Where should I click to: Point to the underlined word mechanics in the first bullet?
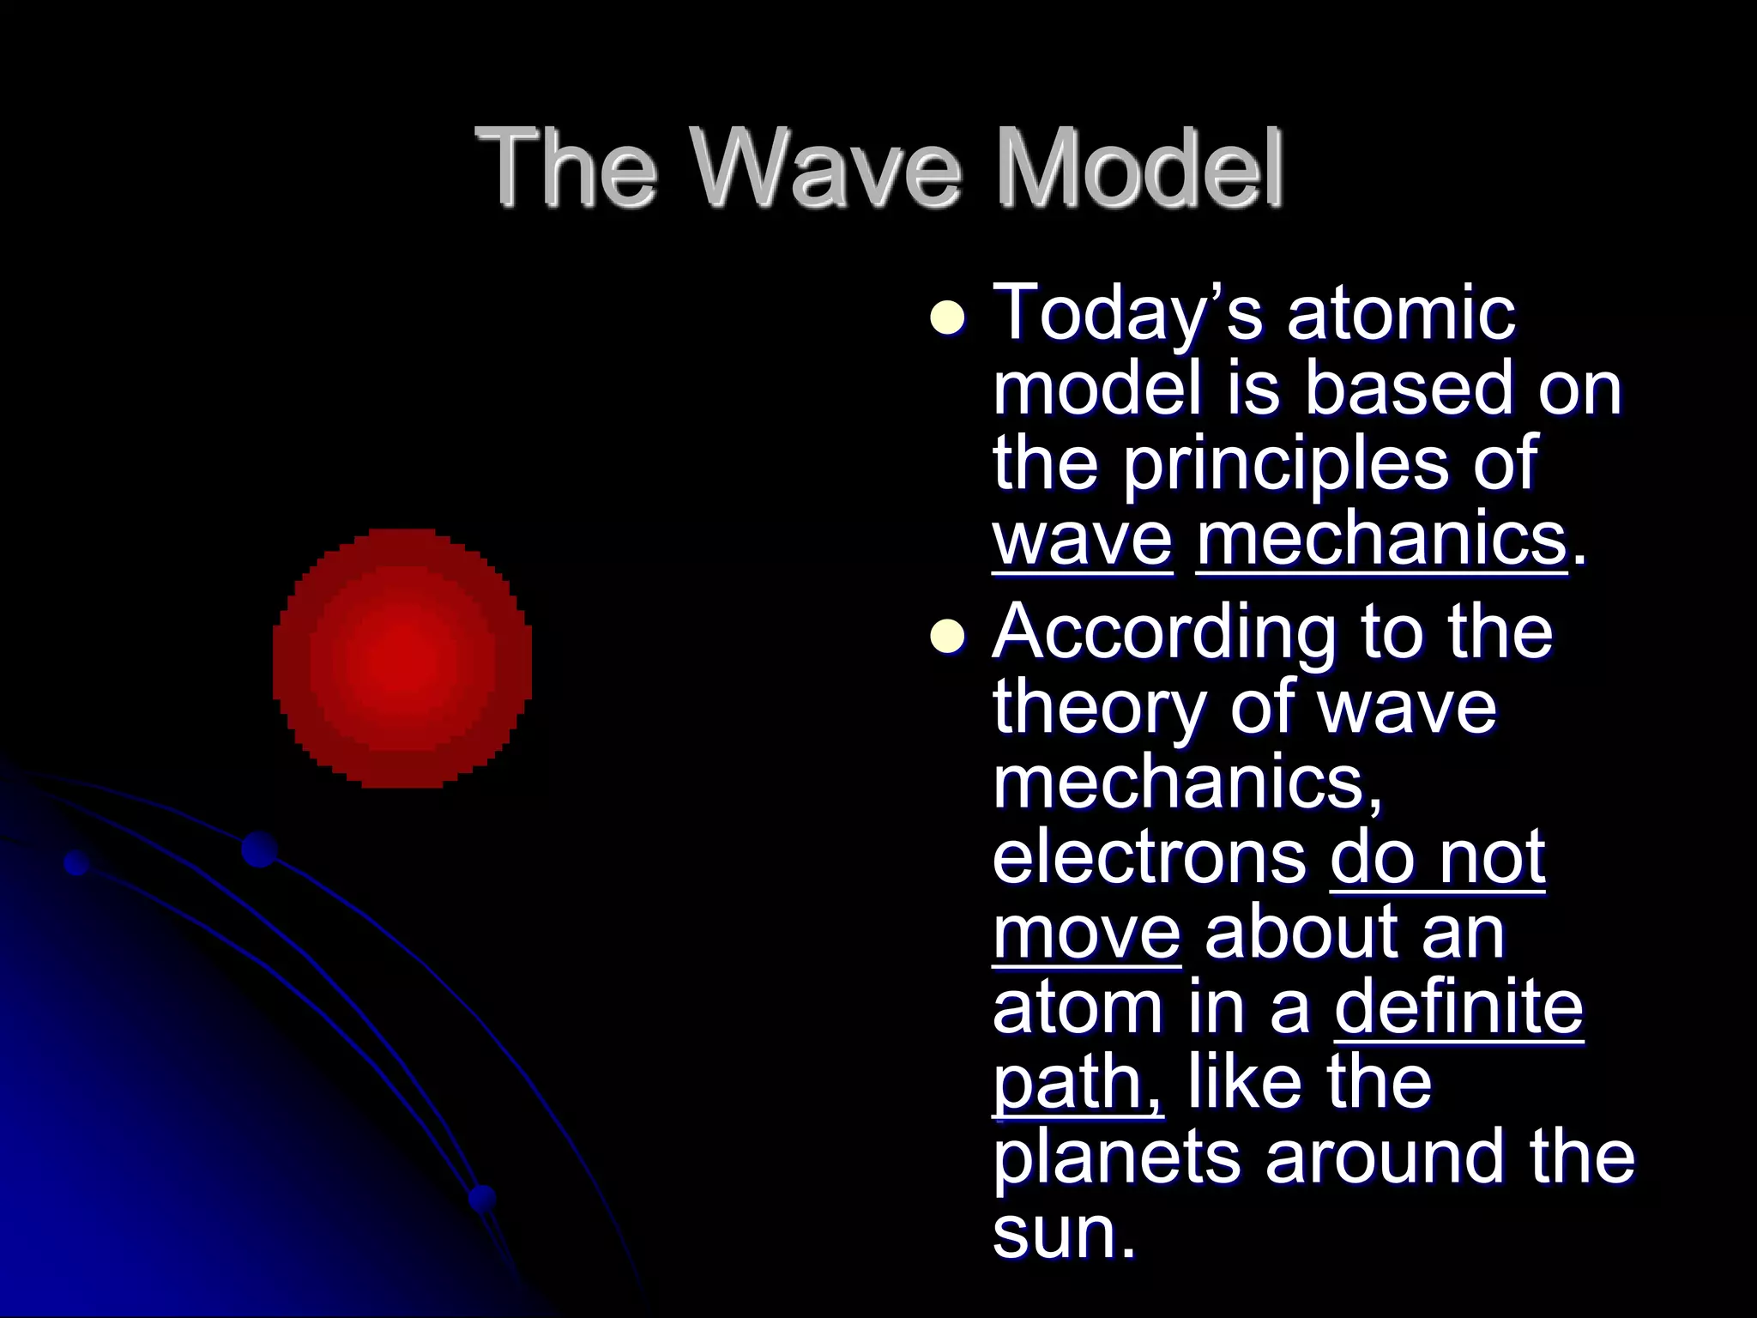click(1381, 541)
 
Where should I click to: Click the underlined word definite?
click(1458, 1007)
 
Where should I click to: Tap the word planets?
click(1115, 1158)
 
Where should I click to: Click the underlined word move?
click(1086, 934)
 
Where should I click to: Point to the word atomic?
click(1400, 314)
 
